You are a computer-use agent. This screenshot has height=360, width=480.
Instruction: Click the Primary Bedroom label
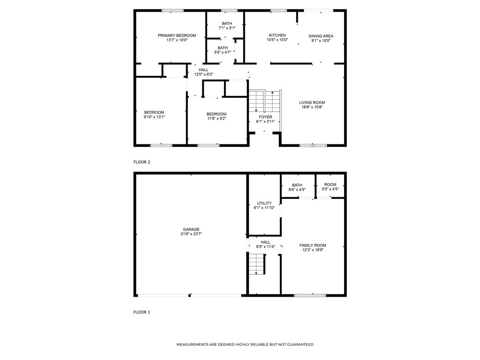coord(177,36)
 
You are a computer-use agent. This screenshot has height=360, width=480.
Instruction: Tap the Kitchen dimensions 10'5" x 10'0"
coord(277,40)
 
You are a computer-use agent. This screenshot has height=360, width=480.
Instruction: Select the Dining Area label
coord(321,36)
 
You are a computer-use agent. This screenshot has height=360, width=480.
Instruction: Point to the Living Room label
coord(312,102)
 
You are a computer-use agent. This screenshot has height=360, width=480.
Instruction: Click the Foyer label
coord(265,117)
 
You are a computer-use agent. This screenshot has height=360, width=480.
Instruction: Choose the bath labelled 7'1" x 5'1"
coord(227,23)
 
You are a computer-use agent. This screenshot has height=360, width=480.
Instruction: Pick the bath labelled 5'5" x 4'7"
coord(223,48)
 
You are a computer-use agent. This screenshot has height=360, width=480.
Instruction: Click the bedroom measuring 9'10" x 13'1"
coord(154,112)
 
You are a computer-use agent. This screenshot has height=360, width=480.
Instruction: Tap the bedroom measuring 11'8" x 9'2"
coord(217,114)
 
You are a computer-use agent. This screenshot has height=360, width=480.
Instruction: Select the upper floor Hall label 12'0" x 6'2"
coord(203,70)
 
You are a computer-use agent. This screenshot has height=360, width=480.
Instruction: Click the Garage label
coord(191,229)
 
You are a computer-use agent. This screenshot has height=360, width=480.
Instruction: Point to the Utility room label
coord(264,203)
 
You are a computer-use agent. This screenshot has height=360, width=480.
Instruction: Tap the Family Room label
coord(313,245)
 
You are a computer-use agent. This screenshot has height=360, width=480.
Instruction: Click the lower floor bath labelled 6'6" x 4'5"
coord(297,185)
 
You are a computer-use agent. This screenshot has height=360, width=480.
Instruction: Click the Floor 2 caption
coord(142,162)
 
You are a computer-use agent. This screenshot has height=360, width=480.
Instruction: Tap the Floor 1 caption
coord(142,312)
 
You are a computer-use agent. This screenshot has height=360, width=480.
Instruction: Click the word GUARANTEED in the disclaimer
coord(297,345)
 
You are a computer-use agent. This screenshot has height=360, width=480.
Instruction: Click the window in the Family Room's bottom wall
coord(310,295)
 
